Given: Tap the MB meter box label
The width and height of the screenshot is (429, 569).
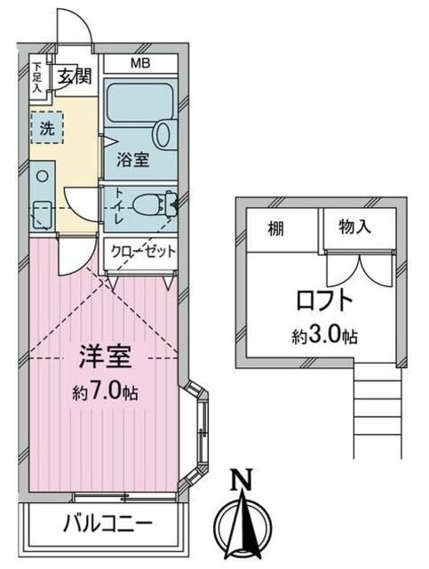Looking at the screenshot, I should [140, 64].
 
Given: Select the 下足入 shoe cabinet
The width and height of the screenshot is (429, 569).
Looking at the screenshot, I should [37, 77].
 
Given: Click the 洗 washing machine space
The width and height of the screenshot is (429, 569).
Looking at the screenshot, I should [45, 127].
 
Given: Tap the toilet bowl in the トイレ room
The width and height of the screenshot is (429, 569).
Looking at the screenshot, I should [155, 206].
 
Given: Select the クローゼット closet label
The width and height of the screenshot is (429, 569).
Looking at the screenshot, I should [142, 252].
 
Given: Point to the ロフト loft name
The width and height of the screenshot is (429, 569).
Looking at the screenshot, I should [326, 300].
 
